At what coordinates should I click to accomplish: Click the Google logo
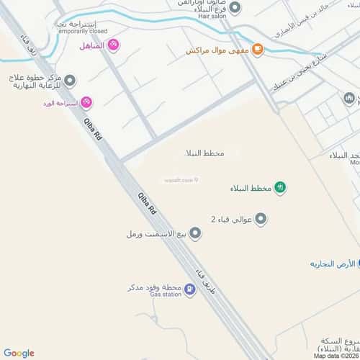(19, 353)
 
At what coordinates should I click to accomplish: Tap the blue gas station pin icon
(189, 290)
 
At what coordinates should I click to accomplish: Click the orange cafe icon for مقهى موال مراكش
(258, 50)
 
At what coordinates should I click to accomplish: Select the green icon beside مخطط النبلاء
(281, 189)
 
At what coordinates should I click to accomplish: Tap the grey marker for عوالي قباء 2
(261, 219)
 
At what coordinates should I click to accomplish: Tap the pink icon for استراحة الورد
(86, 103)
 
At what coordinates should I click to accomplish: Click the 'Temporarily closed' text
(82, 32)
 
